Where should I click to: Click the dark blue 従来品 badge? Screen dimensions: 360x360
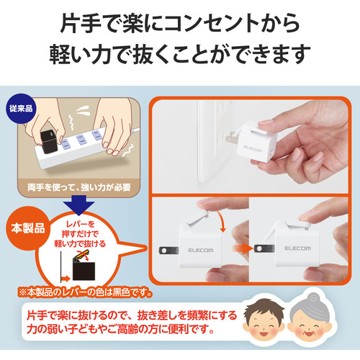pyautogui.click(x=21, y=109)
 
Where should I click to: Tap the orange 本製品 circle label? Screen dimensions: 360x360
pyautogui.click(x=28, y=228)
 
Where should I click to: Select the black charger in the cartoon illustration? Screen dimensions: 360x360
pyautogui.click(x=49, y=142)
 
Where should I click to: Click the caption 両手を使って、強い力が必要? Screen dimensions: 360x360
pyautogui.click(x=79, y=187)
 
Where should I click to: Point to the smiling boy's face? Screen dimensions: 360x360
pyautogui.click(x=264, y=320)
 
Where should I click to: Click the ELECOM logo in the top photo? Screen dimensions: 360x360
pyautogui.click(x=253, y=148)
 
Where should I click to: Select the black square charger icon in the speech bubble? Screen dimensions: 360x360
pyautogui.click(x=84, y=271)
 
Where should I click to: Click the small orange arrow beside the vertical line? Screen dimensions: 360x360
pyautogui.click(x=66, y=279)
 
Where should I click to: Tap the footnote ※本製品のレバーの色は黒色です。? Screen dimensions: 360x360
pyautogui.click(x=86, y=292)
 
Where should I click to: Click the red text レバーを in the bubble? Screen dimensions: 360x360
pyautogui.click(x=81, y=224)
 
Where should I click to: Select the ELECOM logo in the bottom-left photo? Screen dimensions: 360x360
pyautogui.click(x=201, y=251)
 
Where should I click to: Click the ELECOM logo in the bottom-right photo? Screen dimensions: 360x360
pyautogui.click(x=297, y=248)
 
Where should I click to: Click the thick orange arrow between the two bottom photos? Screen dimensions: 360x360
pyautogui.click(x=242, y=248)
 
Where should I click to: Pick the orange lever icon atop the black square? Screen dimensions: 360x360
pyautogui.click(x=81, y=256)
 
